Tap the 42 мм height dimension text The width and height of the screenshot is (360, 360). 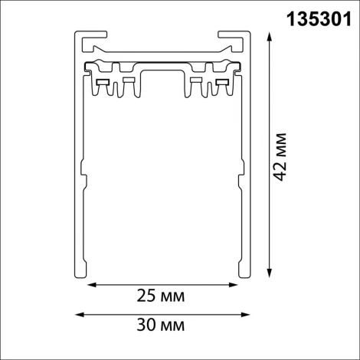[282, 156]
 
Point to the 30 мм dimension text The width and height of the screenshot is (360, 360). [162, 326]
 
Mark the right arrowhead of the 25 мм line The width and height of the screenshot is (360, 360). [234, 286]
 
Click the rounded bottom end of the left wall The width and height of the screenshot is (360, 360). [78, 274]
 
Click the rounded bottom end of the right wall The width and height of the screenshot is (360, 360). [247, 274]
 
